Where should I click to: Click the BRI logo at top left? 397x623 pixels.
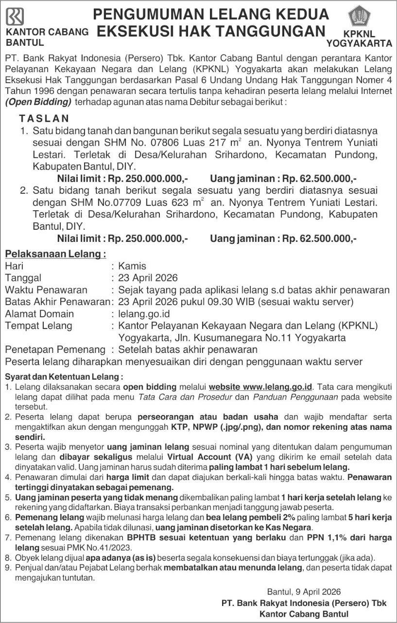pos(15,17)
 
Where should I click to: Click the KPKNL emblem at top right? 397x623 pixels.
pos(360,16)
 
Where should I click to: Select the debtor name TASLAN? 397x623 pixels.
pos(44,119)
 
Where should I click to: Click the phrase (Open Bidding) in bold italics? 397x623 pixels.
pos(38,102)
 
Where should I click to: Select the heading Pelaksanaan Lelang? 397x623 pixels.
pos(55,254)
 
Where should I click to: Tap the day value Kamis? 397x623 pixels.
pos(132,266)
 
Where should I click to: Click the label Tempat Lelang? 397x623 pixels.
pos(38,326)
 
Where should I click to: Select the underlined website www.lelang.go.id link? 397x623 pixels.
pos(260,387)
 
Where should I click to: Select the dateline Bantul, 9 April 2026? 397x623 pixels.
pos(304,592)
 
